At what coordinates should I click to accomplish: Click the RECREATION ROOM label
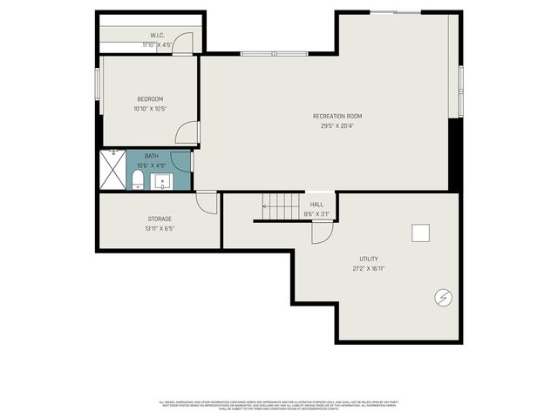[x=337, y=116]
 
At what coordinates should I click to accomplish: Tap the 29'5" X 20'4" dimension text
[x=337, y=125]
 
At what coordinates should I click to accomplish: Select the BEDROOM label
[x=149, y=99]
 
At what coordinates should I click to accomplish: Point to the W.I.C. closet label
[x=157, y=36]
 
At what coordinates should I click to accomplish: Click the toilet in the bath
[x=137, y=180]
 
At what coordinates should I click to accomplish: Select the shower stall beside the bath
[x=112, y=170]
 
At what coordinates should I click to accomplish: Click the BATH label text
[x=152, y=156]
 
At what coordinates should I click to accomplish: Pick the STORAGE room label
[x=160, y=219]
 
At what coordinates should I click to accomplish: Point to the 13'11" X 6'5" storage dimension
[x=160, y=229]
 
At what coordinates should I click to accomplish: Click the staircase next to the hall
[x=282, y=206]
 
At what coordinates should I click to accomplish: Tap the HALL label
[x=316, y=204]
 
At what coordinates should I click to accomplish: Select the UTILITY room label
[x=369, y=259]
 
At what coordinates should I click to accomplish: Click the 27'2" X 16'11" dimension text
[x=369, y=268]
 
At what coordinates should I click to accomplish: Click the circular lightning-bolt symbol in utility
[x=442, y=298]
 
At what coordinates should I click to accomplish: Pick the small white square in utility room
[x=421, y=233]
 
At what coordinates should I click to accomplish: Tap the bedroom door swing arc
[x=187, y=132]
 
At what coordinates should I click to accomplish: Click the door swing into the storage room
[x=207, y=201]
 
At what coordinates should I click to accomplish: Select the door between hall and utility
[x=322, y=231]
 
